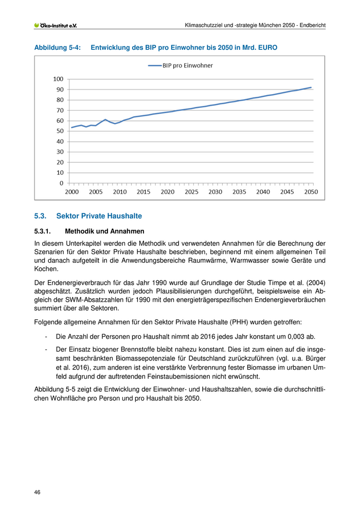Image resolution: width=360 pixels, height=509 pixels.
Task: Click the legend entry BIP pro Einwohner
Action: pos(181,65)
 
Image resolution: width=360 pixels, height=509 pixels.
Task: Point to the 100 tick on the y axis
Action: pos(58,79)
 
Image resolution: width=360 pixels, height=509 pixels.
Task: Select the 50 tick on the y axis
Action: pos(60,131)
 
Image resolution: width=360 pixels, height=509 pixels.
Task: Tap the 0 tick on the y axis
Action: pos(61,183)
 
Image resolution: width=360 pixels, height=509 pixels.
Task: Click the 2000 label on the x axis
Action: pos(72,192)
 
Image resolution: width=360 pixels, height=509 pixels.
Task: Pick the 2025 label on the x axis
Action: pos(191,192)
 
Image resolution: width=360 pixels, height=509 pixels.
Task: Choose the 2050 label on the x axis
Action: pos(311,192)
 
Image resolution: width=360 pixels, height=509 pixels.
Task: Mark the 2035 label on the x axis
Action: pos(239,192)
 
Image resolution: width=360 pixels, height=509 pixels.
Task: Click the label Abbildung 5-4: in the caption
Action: pos(58,47)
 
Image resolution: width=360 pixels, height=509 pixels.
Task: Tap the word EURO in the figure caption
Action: pos(266,47)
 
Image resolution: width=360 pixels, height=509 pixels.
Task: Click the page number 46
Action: pos(38,492)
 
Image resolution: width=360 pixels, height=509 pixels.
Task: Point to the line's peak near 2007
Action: pos(105,120)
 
